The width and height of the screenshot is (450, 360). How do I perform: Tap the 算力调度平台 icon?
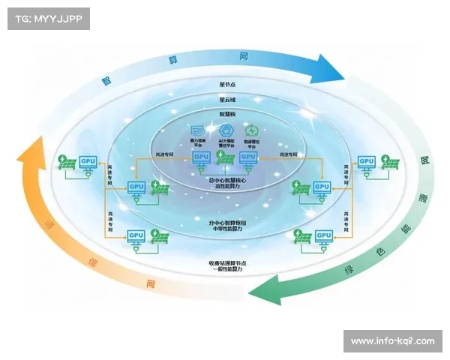[199, 130]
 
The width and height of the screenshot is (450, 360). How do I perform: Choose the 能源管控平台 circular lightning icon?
[250, 130]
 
